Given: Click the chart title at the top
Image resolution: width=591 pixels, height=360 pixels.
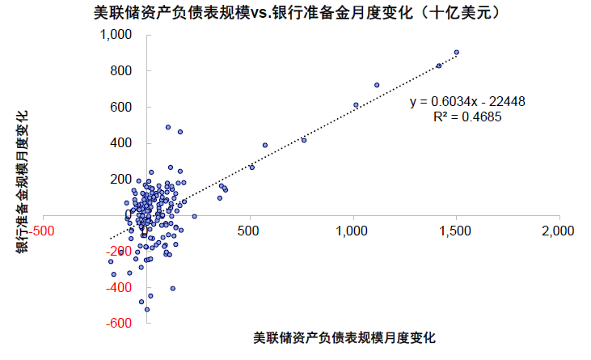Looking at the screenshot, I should [x=295, y=14].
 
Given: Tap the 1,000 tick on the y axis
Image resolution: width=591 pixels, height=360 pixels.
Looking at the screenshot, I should [x=116, y=35].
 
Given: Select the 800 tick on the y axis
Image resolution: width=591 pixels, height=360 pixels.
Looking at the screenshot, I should [x=120, y=71].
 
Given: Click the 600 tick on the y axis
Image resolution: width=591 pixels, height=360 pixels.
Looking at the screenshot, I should [x=120, y=107].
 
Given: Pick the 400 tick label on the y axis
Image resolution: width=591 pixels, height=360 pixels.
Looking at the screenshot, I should [x=120, y=143].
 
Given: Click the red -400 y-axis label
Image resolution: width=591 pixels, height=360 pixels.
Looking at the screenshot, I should [x=119, y=287].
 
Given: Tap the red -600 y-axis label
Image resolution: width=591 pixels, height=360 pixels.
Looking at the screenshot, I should [x=119, y=324].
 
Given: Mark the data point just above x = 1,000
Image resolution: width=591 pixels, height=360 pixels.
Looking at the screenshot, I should [x=356, y=105].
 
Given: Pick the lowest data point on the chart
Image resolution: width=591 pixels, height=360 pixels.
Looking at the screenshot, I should [x=146, y=309].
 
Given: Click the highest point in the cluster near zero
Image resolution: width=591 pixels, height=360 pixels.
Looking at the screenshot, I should [x=168, y=127].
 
